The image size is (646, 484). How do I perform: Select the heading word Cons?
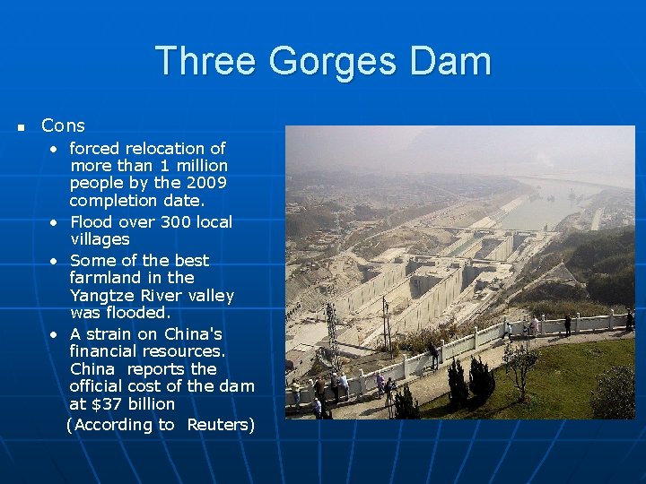coord(63,126)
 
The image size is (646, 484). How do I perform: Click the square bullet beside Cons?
coord(21,128)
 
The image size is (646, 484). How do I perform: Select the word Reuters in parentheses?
coord(221,425)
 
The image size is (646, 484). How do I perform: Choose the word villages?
coord(100,239)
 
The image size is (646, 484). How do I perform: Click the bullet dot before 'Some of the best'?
coord(56,261)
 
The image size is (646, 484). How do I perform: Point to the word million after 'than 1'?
coord(201,166)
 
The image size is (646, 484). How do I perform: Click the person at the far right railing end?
coord(630,319)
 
